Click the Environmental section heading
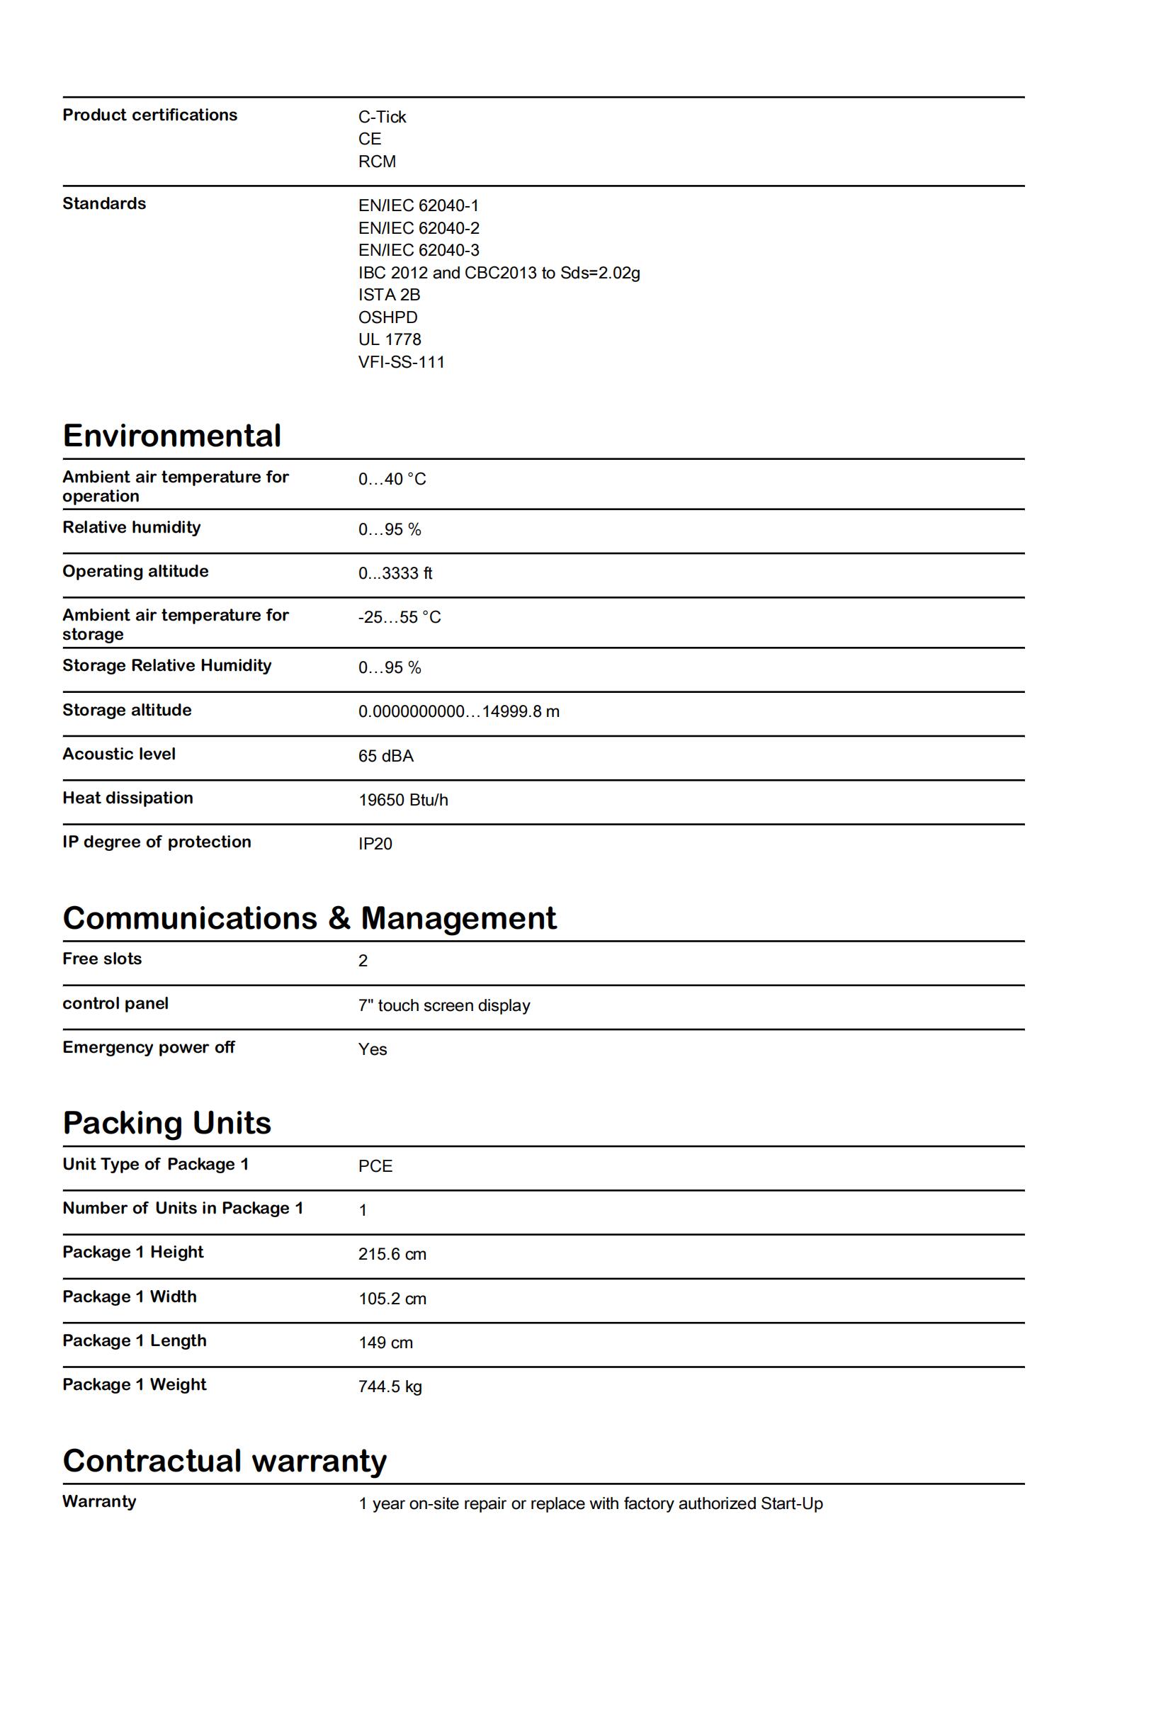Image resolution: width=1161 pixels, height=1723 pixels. (172, 436)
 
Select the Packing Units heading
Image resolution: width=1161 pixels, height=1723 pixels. (166, 1122)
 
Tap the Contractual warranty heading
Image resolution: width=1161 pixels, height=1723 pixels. (225, 1460)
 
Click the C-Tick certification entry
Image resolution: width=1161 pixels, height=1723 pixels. (382, 117)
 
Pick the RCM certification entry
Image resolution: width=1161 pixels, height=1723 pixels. (377, 162)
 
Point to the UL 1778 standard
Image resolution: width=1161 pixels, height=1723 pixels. (390, 339)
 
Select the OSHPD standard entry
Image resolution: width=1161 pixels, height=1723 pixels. (388, 317)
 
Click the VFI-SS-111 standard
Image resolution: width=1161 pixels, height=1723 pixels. (402, 362)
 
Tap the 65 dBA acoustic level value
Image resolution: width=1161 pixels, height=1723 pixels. (386, 756)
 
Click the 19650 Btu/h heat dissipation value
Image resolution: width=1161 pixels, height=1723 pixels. (404, 800)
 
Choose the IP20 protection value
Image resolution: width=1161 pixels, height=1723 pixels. (375, 844)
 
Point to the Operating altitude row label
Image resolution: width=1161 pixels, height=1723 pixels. (135, 571)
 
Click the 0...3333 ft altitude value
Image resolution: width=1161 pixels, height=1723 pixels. (395, 573)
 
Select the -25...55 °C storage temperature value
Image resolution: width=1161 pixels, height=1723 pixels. (399, 617)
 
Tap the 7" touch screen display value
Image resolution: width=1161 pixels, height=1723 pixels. (444, 1005)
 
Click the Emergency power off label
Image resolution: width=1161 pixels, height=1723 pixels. (149, 1047)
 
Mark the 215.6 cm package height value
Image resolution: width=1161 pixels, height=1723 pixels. (392, 1253)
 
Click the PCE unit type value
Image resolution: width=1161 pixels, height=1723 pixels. (375, 1166)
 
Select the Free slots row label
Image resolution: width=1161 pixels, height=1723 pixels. (102, 959)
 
